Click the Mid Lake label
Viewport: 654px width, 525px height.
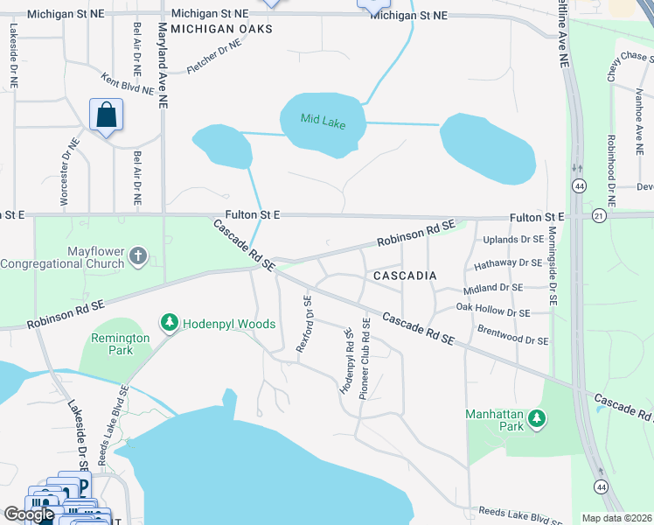pos(323,122)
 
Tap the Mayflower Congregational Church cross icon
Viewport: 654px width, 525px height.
pos(136,255)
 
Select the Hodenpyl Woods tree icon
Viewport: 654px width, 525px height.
pos(169,324)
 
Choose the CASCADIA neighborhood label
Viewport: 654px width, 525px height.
pos(405,276)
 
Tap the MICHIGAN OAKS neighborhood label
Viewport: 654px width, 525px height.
pos(221,29)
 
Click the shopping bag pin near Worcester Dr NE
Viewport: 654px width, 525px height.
pos(106,115)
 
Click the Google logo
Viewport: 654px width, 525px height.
pos(29,514)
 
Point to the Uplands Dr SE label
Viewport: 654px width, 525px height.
pos(508,239)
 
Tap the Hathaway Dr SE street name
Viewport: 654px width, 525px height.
pos(507,262)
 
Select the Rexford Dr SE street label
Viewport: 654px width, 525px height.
pos(304,324)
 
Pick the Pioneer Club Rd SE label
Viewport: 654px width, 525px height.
pos(365,354)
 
